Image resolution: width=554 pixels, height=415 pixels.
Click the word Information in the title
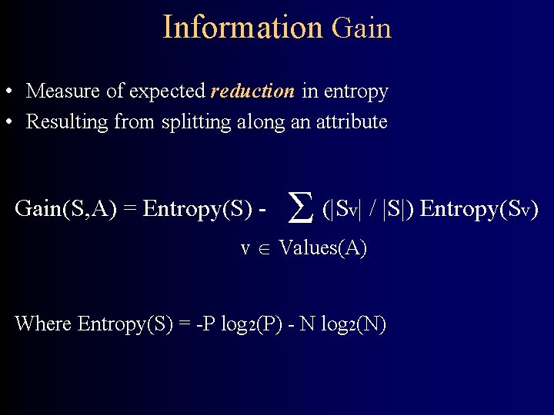pos(242,28)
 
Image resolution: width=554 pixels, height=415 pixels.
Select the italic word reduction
pos(252,91)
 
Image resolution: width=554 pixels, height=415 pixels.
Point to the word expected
pos(169,92)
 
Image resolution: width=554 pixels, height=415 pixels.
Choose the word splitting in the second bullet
pos(192,122)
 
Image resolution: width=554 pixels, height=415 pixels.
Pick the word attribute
pos(351,121)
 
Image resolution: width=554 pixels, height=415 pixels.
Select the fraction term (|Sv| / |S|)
pos(369,209)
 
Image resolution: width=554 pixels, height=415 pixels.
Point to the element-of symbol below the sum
pos(264,249)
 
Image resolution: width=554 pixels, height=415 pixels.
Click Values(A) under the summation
pos(322,248)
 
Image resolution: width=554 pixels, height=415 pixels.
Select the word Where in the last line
pos(43,324)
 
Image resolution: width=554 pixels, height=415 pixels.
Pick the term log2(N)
pos(353,324)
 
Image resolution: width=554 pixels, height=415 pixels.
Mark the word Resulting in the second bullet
pos(68,122)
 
